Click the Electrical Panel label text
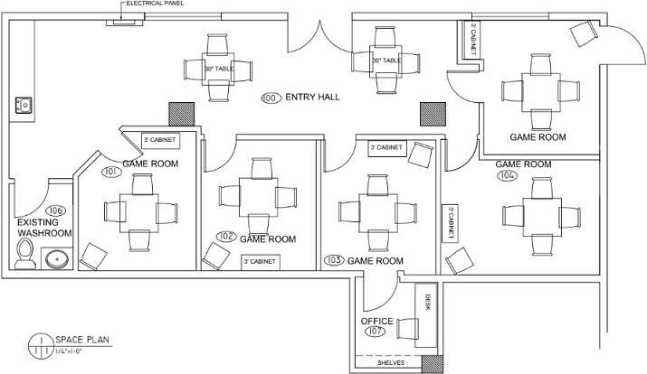[155, 4]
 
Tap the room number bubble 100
[271, 98]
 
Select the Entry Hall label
[313, 98]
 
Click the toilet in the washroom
[24, 254]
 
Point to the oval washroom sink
[57, 259]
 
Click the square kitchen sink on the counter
[24, 105]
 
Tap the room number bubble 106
[56, 210]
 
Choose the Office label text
[377, 321]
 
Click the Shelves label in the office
[391, 363]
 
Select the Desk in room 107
[426, 315]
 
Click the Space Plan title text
[82, 340]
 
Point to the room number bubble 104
[507, 175]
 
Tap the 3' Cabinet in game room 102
[261, 262]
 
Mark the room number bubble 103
[334, 260]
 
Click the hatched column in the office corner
[433, 364]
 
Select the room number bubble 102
[226, 237]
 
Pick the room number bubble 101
[112, 172]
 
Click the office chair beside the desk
[407, 328]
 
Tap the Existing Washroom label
[44, 228]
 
